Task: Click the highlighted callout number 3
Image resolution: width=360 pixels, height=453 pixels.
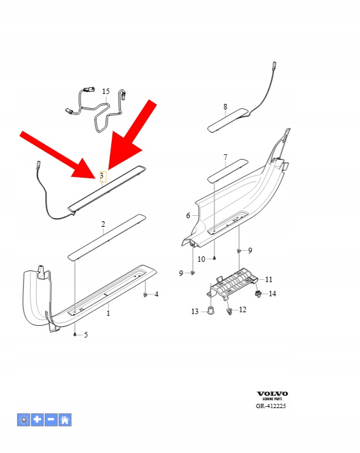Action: [101, 176]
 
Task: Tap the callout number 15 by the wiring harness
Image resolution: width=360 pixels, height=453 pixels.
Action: [106, 92]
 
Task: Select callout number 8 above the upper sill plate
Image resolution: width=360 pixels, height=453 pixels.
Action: [225, 107]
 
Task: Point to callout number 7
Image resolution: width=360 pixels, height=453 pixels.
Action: [225, 157]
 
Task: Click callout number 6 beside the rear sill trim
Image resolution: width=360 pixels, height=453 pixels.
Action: [188, 216]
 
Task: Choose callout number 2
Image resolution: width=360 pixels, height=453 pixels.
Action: [103, 224]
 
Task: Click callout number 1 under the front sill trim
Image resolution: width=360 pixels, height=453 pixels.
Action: [108, 313]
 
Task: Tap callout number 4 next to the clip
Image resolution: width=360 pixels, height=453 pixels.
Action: [157, 294]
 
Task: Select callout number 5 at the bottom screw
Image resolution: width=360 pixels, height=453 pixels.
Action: [86, 335]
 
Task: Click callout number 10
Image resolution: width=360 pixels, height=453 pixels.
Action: [202, 259]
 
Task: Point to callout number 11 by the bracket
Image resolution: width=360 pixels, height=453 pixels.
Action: [269, 280]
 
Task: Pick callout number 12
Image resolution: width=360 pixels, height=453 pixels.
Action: [243, 310]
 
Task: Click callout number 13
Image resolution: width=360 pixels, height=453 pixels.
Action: [195, 312]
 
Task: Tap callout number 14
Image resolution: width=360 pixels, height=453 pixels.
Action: [272, 294]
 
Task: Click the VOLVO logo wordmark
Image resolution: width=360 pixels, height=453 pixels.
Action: [272, 393]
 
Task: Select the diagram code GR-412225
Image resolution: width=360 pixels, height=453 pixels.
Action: [271, 406]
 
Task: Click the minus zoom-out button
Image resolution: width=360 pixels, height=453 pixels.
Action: [51, 419]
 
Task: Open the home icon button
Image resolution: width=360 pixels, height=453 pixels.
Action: [65, 419]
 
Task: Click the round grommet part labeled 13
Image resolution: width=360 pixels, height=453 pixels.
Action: [211, 310]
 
